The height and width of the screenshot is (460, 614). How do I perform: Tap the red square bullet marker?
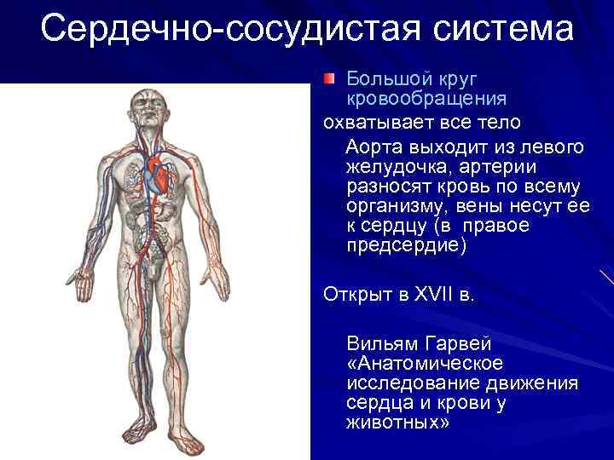tap(330, 79)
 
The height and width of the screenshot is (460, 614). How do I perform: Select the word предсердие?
tap(407, 245)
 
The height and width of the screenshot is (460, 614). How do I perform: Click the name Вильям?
tap(379, 344)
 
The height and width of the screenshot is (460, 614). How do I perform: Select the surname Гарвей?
tap(456, 344)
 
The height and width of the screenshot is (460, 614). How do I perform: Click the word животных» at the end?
tap(396, 423)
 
